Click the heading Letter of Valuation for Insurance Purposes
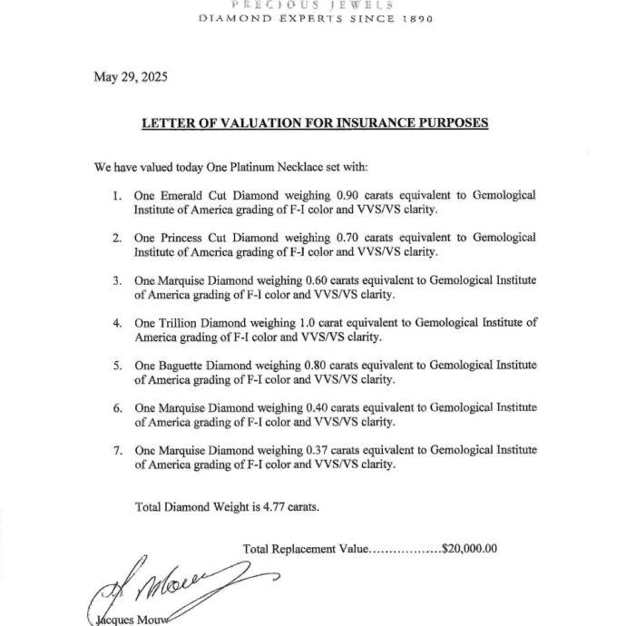click(314, 122)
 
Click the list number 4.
click(116, 322)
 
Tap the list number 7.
click(116, 449)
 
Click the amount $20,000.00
click(468, 549)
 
